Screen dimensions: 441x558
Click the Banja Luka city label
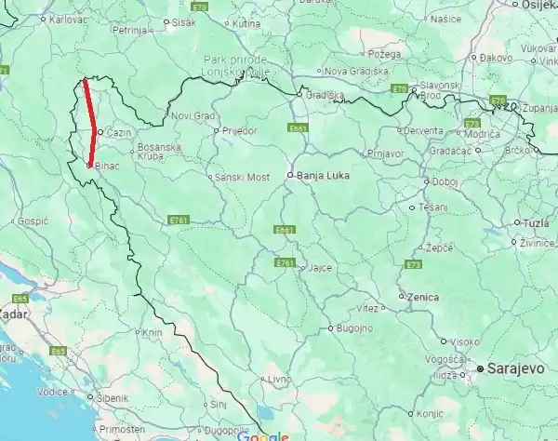322,174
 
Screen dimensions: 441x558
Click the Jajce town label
320,267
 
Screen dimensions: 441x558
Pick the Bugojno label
354,328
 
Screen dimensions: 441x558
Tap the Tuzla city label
536,223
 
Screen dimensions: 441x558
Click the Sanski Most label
242,176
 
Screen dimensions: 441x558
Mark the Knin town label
153,332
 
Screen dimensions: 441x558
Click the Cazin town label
118,133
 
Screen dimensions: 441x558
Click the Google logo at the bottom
263,435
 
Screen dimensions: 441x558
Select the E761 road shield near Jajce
285,263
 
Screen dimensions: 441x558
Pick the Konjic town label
428,413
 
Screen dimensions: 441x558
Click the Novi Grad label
193,115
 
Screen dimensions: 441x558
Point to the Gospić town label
33,221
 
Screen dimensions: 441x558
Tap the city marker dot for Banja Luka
290,174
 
